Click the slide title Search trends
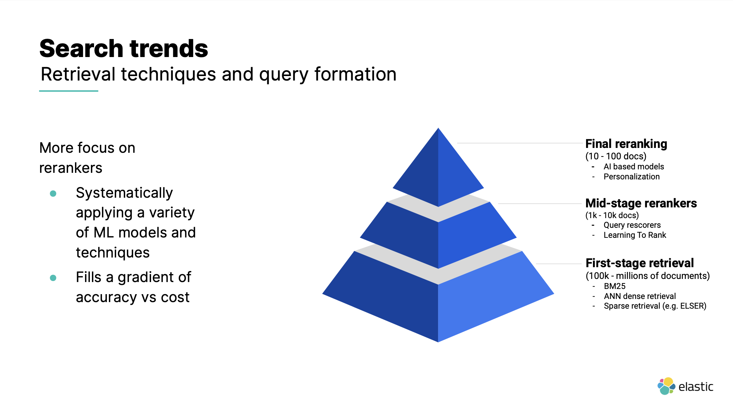pos(123,48)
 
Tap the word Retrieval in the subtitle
pos(78,74)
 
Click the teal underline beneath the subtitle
pos(68,91)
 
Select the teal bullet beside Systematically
pos(53,194)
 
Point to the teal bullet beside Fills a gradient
pos(53,278)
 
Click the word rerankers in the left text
pos(71,168)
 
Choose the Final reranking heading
pos(626,144)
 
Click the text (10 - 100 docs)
pos(615,156)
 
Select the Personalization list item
pos(631,177)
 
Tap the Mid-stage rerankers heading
pos(641,203)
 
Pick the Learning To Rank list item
pos(634,235)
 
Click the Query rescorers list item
pos(632,225)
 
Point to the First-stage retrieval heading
pos(639,263)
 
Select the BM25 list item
pos(614,286)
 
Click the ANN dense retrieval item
pos(640,296)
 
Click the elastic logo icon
pos(666,386)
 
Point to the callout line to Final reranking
pos(519,143)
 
